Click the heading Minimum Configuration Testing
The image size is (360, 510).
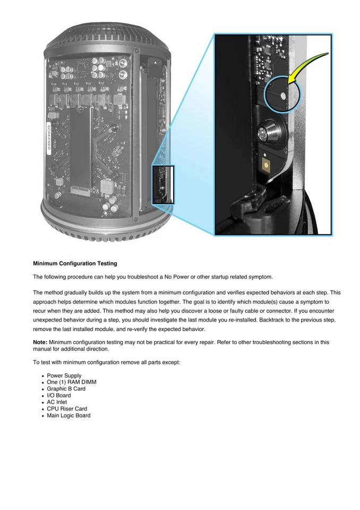[75, 263]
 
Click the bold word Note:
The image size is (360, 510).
[40, 342]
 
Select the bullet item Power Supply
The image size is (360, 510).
[64, 376]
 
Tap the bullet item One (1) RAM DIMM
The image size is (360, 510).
[72, 382]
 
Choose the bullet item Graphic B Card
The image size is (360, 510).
[67, 389]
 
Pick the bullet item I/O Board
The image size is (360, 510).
[58, 395]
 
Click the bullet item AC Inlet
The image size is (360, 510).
[57, 402]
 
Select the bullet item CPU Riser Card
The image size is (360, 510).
[67, 409]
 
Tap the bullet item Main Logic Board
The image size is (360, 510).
[68, 415]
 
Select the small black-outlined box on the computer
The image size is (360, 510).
[163, 185]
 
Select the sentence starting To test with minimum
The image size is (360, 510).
[96, 362]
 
